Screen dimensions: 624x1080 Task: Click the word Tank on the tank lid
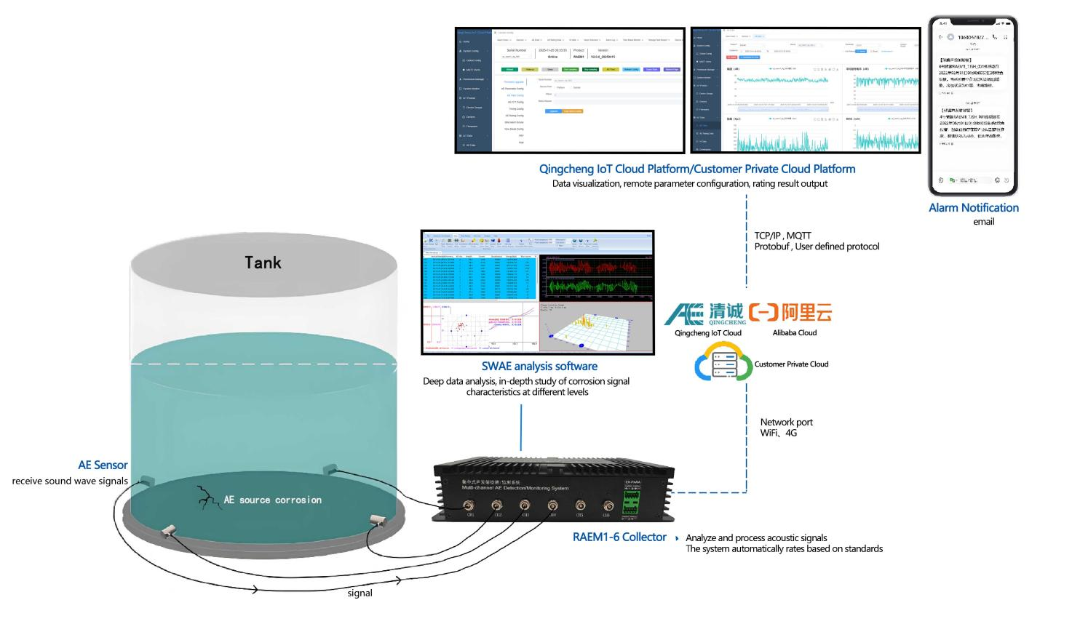coord(263,263)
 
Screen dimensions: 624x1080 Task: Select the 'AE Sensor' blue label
coord(103,465)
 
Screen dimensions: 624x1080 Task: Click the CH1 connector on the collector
coord(470,506)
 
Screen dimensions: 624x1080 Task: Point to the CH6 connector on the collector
coord(608,506)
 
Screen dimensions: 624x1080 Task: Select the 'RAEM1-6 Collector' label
coord(619,537)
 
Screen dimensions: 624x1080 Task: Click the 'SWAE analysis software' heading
coord(539,367)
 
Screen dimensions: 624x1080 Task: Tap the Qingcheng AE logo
coord(705,313)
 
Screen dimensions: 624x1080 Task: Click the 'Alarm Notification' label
coord(973,208)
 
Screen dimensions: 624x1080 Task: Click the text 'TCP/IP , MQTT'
coord(782,236)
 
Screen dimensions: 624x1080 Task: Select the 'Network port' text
coord(786,423)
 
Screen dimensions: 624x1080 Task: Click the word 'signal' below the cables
coord(360,593)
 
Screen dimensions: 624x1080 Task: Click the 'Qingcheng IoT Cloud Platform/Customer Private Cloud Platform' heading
coord(696,169)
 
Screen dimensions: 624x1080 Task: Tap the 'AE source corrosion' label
coord(272,500)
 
